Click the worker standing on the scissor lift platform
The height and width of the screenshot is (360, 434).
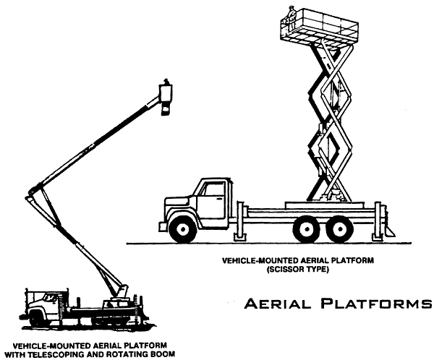[x=292, y=16]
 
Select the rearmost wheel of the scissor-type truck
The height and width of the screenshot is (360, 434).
[x=337, y=229]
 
